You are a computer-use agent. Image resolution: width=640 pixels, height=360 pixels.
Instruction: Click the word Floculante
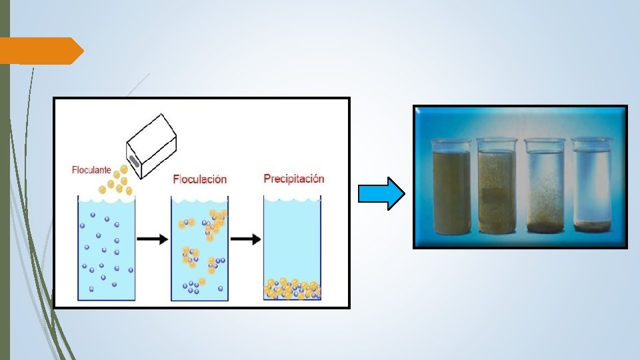(x=91, y=170)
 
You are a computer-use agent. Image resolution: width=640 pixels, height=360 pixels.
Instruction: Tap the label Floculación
(x=199, y=179)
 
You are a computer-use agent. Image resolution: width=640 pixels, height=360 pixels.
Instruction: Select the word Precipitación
(x=293, y=178)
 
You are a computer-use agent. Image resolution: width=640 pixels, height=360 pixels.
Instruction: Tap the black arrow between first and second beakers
(x=153, y=240)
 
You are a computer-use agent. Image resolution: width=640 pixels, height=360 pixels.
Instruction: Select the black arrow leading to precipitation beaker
(x=246, y=240)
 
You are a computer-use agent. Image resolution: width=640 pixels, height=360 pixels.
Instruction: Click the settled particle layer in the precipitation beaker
(x=292, y=289)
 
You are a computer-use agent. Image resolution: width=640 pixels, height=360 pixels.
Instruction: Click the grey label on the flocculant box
(x=133, y=160)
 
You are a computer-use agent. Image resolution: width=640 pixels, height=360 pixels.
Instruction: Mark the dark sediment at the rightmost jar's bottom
(x=591, y=227)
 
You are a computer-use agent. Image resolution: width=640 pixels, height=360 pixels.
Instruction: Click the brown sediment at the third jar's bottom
(x=545, y=227)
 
